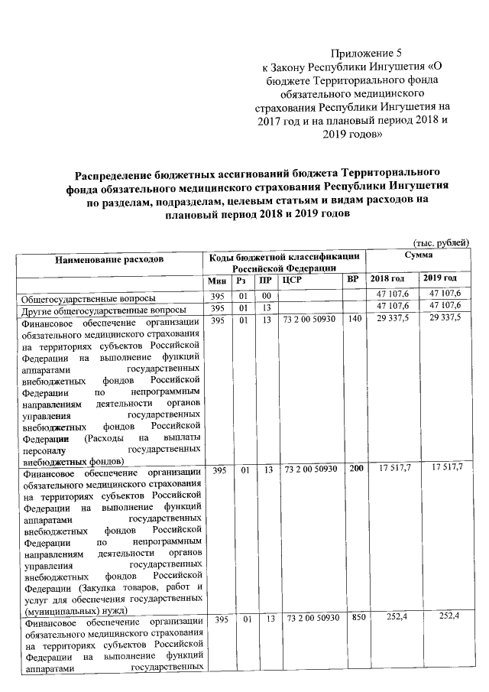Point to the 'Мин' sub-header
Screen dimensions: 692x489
[215, 280]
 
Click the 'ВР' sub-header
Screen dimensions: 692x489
[352, 280]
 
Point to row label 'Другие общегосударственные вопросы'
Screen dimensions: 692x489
[103, 309]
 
